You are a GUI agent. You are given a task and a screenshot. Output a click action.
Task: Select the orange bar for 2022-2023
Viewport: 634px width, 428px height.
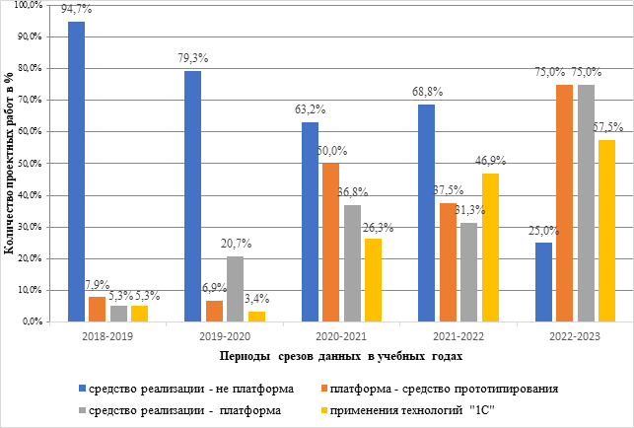tap(565, 203)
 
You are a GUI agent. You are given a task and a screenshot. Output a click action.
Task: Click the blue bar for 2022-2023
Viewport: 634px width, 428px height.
tap(544, 282)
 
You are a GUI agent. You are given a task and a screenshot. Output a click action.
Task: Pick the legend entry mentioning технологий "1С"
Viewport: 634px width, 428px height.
tap(471, 407)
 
